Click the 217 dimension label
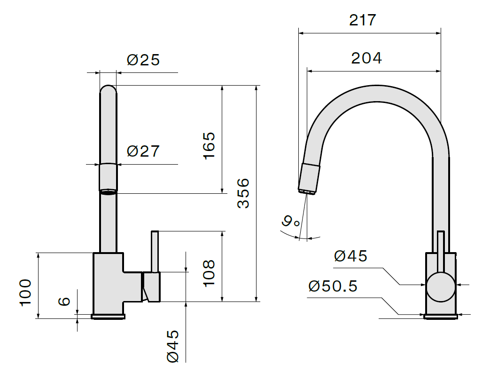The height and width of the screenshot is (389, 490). click(363, 20)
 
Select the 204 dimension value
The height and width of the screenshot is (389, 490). click(366, 58)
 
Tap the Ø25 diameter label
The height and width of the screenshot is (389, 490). click(143, 60)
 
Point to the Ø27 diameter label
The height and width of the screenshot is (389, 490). click(143, 151)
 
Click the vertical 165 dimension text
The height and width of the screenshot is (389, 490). click(209, 146)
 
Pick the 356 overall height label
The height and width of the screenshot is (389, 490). click(243, 193)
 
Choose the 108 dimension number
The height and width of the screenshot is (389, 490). click(209, 273)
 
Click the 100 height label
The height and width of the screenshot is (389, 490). click(25, 293)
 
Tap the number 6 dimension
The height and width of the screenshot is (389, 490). click(64, 301)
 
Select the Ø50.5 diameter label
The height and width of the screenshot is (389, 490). click(333, 286)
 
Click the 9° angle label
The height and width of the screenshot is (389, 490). click(291, 221)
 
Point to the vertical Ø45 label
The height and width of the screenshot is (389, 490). click(173, 346)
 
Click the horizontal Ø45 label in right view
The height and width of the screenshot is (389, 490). click(350, 256)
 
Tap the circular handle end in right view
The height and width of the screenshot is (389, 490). click(441, 287)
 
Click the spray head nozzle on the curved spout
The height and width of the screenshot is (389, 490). click(309, 179)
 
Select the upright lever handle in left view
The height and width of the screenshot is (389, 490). click(155, 252)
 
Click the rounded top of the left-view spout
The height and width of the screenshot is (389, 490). click(108, 89)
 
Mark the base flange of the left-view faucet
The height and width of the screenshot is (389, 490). click(108, 317)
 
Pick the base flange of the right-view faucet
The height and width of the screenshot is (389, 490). click(441, 317)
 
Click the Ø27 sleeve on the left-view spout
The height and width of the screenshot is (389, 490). click(108, 177)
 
